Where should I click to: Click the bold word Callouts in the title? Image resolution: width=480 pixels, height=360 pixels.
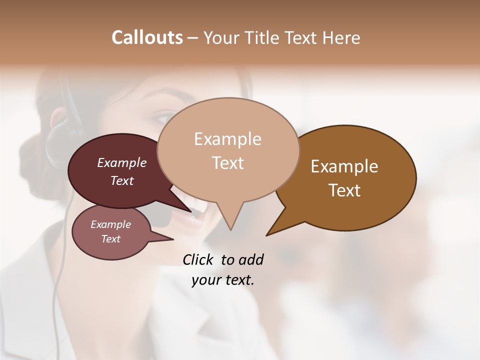tap(147, 37)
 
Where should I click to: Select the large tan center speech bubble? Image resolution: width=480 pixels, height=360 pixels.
tap(228, 180)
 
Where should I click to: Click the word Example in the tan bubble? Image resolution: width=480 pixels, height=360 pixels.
tap(228, 138)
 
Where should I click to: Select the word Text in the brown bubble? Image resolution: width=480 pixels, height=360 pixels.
tap(345, 190)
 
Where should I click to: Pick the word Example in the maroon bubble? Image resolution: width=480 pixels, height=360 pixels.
tap(122, 162)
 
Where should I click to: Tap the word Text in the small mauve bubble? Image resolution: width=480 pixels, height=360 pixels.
tap(111, 239)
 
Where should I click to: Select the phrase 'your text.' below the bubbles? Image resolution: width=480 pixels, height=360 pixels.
tap(223, 280)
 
